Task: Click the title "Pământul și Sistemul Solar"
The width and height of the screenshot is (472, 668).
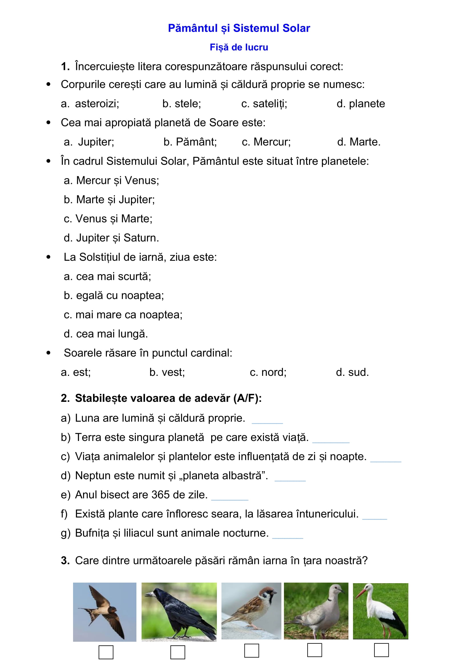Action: click(239, 28)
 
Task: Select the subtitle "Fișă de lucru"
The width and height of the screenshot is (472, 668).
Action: click(239, 47)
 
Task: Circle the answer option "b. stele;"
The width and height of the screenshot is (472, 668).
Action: click(182, 104)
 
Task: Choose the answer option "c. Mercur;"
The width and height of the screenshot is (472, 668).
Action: click(266, 142)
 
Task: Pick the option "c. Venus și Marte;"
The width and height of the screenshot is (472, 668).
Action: click(108, 219)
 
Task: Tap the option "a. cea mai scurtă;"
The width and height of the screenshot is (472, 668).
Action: click(107, 276)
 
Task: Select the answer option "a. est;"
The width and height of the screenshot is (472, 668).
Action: click(76, 372)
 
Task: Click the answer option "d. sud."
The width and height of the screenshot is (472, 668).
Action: click(352, 372)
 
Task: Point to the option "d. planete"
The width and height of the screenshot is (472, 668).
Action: click(361, 104)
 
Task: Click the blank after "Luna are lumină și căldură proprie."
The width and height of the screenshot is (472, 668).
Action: click(267, 420)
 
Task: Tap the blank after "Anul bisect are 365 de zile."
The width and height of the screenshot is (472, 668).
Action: click(230, 497)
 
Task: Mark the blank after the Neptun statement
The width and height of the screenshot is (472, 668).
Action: click(290, 478)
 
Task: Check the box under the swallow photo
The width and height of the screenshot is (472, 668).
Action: click(106, 652)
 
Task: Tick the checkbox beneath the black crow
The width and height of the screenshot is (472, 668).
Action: click(177, 652)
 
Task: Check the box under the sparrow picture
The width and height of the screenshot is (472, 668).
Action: click(251, 651)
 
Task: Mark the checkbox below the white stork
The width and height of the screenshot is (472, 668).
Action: click(381, 650)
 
